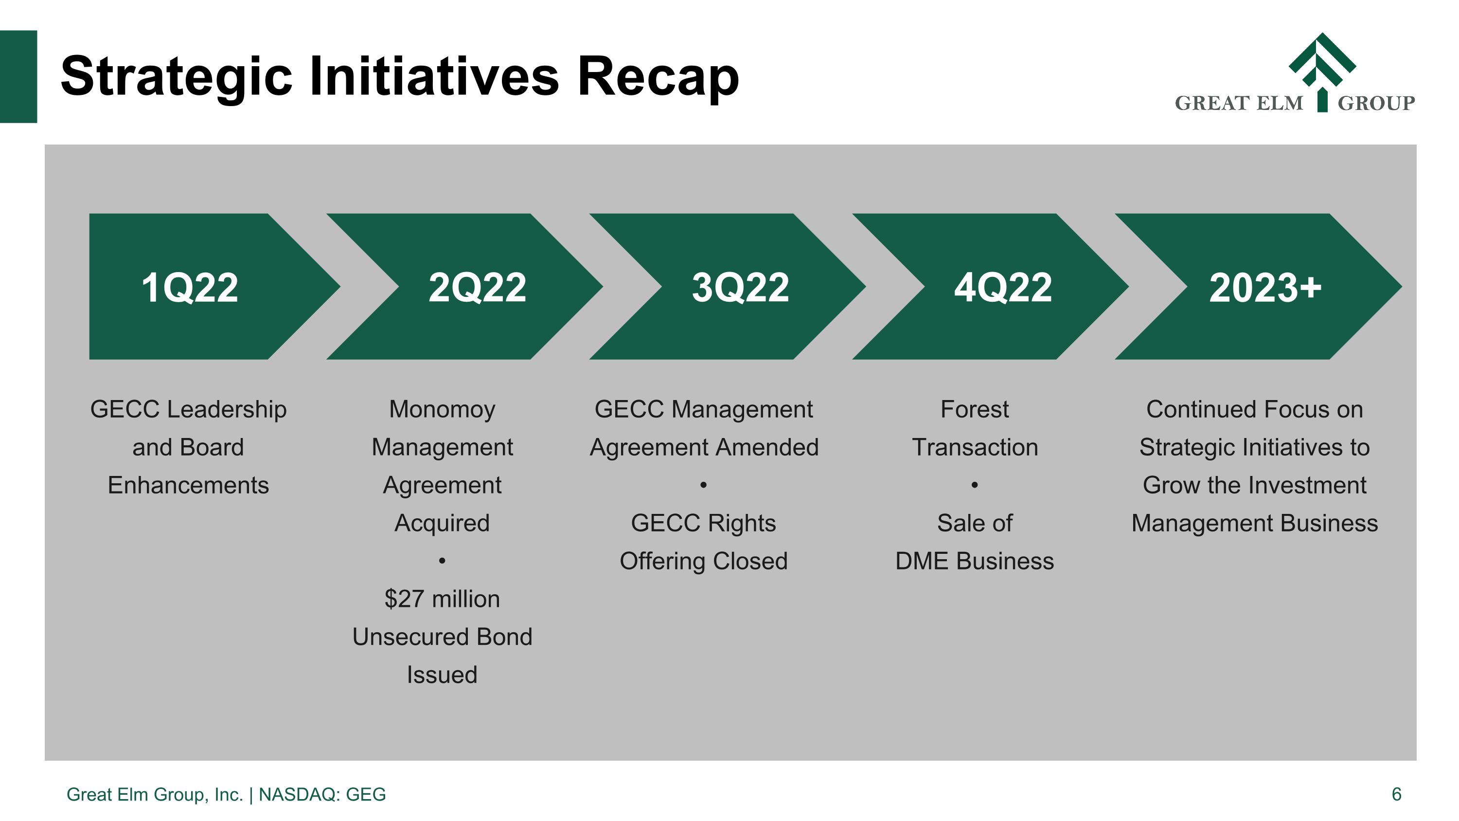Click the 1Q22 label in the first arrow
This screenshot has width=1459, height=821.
point(189,288)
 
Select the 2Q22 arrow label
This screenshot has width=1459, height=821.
point(477,288)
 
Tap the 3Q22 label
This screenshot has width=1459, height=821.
point(740,288)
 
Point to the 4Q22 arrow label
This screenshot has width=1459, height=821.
point(1002,288)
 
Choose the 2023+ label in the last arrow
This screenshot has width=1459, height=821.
point(1265,288)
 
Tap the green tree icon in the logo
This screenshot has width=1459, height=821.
point(1322,68)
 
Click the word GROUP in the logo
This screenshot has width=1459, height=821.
point(1376,104)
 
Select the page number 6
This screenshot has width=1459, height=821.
point(1396,794)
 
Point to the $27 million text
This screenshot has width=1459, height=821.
point(442,599)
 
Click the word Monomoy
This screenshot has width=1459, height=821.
point(442,410)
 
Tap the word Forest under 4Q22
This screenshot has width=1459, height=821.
point(974,410)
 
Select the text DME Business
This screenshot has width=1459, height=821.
point(974,562)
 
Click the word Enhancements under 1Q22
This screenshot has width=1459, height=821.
point(188,486)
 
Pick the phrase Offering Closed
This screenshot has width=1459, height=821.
point(703,562)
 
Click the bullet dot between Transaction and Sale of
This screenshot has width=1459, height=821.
point(974,486)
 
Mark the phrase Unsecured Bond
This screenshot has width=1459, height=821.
point(442,637)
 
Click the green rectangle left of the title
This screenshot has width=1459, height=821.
point(18,76)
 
